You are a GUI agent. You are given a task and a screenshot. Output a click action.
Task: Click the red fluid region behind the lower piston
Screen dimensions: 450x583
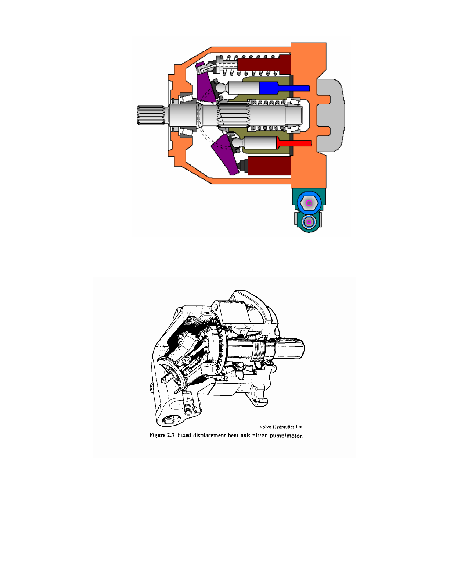294,143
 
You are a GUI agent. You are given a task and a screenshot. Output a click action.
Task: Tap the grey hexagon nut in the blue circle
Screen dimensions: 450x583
309,203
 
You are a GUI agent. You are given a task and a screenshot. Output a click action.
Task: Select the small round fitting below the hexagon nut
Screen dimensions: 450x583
309,222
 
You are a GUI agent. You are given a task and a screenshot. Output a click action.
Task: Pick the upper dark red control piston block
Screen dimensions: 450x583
264,65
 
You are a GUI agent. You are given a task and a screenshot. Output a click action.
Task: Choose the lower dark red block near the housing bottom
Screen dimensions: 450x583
269,166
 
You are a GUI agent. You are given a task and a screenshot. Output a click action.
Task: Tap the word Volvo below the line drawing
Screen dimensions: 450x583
265,427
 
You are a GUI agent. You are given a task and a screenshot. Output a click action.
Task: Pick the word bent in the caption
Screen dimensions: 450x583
233,435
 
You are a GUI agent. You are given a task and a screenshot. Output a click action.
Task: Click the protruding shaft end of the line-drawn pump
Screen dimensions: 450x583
292,348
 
